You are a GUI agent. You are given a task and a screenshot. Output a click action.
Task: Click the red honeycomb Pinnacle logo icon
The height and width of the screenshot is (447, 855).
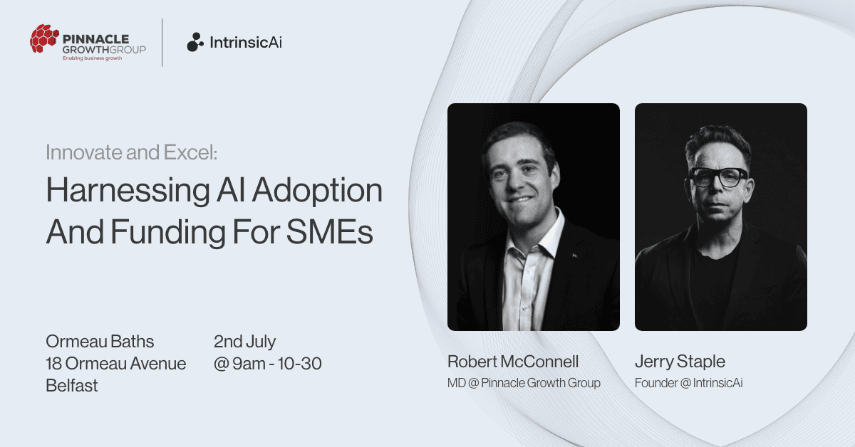[44, 38]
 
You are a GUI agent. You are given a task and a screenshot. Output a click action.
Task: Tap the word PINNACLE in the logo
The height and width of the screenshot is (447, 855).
[95, 39]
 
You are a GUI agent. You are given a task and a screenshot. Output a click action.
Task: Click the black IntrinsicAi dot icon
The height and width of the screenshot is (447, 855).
[195, 42]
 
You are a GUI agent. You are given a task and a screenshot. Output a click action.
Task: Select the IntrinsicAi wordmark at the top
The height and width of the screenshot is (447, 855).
[246, 42]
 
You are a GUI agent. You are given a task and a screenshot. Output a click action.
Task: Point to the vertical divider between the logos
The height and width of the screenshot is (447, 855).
[162, 42]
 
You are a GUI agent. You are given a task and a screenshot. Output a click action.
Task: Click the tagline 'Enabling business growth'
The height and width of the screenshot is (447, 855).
[93, 58]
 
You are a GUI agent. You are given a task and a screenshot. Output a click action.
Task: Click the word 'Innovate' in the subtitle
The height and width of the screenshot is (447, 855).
[84, 152]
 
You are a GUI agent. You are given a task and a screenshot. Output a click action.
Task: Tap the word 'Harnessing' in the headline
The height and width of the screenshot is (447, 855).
[128, 191]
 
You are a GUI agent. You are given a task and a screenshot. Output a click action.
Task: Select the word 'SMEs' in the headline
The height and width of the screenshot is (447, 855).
[329, 232]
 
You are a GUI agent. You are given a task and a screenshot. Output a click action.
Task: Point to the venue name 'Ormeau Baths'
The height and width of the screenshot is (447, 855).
[100, 342]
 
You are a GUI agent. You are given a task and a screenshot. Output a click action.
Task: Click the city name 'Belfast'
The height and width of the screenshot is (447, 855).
[72, 386]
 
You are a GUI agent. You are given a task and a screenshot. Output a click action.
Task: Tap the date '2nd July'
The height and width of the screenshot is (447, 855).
[244, 342]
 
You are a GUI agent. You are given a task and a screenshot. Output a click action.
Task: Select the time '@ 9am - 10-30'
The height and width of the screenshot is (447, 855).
[268, 364]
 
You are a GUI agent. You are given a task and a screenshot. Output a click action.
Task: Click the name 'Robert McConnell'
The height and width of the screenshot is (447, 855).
[513, 362]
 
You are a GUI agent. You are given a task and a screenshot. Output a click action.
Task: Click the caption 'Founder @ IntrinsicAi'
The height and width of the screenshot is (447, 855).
[688, 383]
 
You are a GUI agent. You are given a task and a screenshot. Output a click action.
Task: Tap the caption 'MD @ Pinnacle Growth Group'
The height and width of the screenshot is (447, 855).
[524, 383]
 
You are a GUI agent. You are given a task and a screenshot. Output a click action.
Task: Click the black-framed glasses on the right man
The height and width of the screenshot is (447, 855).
[717, 177]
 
